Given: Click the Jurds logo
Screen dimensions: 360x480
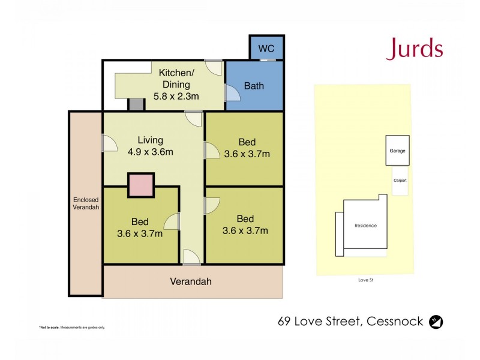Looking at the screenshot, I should (x=415, y=49).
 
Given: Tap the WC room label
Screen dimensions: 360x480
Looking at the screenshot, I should (x=266, y=48).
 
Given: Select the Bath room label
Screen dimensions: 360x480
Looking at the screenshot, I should (x=253, y=86).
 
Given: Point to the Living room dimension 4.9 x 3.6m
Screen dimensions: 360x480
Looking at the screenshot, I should (x=150, y=152).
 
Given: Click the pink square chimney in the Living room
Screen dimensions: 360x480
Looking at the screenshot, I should (x=141, y=185).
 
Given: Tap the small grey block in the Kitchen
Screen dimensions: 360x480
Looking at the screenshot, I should (x=136, y=104).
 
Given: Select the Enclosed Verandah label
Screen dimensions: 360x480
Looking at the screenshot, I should (x=86, y=203).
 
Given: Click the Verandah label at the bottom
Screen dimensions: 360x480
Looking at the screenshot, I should (x=191, y=281).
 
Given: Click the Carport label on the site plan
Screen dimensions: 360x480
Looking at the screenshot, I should (x=400, y=180).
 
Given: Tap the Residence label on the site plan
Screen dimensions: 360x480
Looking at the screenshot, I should (x=365, y=226).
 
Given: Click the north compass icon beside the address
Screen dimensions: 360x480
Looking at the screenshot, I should (x=437, y=322).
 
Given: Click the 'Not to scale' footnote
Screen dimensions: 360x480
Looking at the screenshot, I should (x=72, y=327).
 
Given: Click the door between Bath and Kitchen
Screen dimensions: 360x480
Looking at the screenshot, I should (x=230, y=93).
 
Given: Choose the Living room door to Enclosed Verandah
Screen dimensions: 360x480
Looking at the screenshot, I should (x=109, y=143).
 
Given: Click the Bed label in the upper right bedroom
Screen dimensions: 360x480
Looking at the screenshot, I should (x=247, y=142).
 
